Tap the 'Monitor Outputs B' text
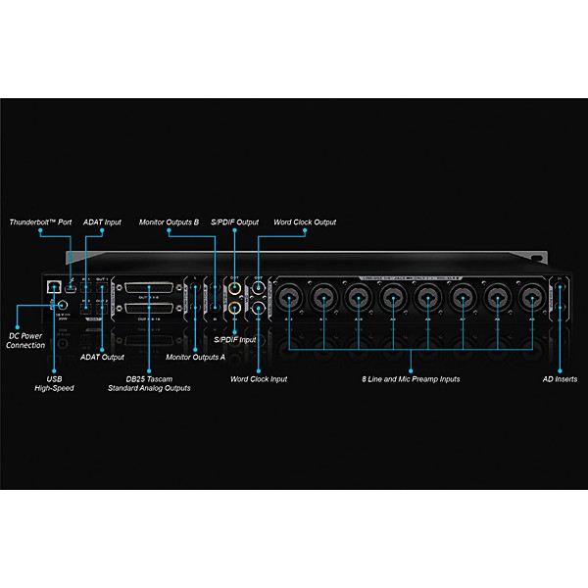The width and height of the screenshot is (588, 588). pyautogui.click(x=169, y=222)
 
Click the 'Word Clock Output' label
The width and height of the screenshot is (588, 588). pyautogui.click(x=305, y=222)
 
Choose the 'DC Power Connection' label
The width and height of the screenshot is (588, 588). pyautogui.click(x=25, y=339)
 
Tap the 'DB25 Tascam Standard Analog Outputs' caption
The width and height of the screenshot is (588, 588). pyautogui.click(x=149, y=383)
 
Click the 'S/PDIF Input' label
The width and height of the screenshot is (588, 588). pyautogui.click(x=235, y=339)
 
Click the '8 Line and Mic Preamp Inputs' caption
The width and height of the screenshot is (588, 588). pyautogui.click(x=412, y=378)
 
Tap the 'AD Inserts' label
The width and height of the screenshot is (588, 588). pyautogui.click(x=560, y=378)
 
